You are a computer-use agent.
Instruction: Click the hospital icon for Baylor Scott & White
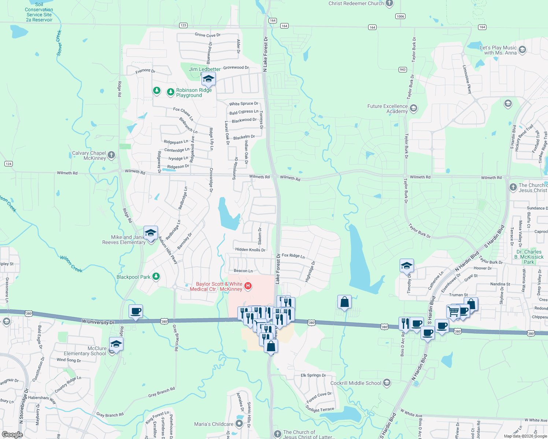point(248,286)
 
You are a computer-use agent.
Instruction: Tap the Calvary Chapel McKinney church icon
point(111,155)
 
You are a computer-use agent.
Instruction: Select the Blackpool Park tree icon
point(156,277)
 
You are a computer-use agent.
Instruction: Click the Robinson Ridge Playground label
point(194,93)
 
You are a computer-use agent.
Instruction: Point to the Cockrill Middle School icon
point(386,383)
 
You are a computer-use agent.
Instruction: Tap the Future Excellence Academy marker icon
point(414,108)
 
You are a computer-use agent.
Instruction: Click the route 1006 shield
point(400,16)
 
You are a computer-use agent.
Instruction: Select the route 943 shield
point(403,70)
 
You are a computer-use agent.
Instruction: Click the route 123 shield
point(183,25)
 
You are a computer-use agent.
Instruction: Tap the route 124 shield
point(8,164)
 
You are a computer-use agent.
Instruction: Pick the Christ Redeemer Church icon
point(389,4)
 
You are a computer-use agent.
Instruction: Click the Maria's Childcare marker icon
point(239,424)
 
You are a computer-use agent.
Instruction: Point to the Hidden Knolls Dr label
point(250,250)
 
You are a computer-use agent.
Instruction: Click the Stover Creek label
point(59,43)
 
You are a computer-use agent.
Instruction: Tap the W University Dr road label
point(98,322)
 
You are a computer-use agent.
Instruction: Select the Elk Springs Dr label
point(313,375)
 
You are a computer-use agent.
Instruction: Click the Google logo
point(12,435)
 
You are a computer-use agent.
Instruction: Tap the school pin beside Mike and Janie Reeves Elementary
point(151,233)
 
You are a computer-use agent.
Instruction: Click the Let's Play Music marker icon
point(522,50)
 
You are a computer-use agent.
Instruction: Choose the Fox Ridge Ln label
point(293,256)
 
